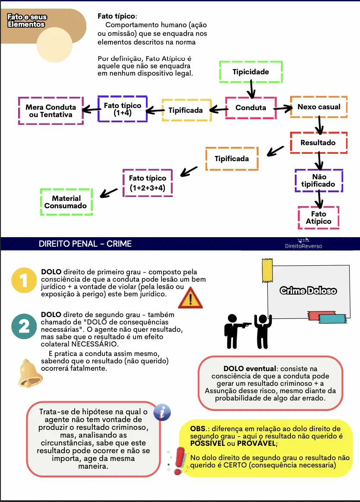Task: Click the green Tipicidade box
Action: [x=251, y=72]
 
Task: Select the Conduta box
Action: [x=251, y=108]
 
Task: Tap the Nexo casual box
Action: [x=319, y=107]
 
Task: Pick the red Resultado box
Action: [x=318, y=143]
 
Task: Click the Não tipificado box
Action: [x=319, y=181]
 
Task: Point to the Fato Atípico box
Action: [x=319, y=218]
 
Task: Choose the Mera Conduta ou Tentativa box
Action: [x=51, y=111]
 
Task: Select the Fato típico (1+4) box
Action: [x=122, y=109]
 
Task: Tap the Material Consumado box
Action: [x=66, y=202]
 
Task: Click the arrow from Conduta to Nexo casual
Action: [x=283, y=108]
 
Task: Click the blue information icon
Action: [x=162, y=412]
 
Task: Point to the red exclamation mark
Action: [x=177, y=461]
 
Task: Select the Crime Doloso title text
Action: [x=308, y=291]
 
